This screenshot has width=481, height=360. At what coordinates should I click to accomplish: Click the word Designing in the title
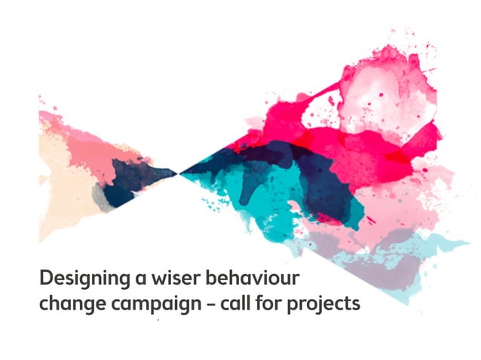[83, 279]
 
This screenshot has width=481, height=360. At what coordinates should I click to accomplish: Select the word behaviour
[256, 278]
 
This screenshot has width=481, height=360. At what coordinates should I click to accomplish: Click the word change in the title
[69, 304]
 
